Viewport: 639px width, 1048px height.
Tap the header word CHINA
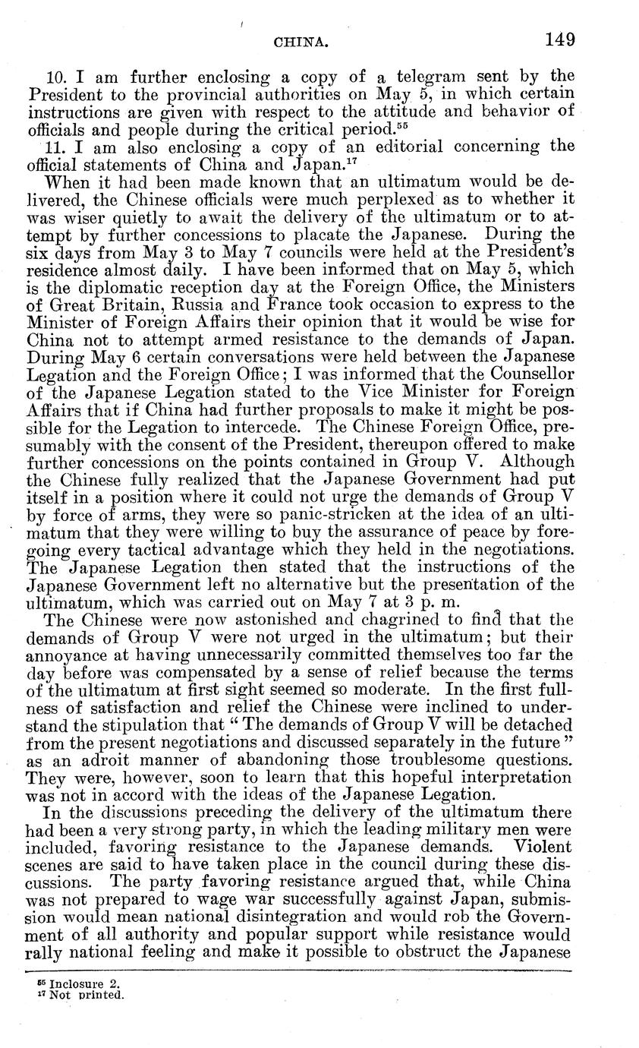[x=301, y=44]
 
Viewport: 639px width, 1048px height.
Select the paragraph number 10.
[x=58, y=77]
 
